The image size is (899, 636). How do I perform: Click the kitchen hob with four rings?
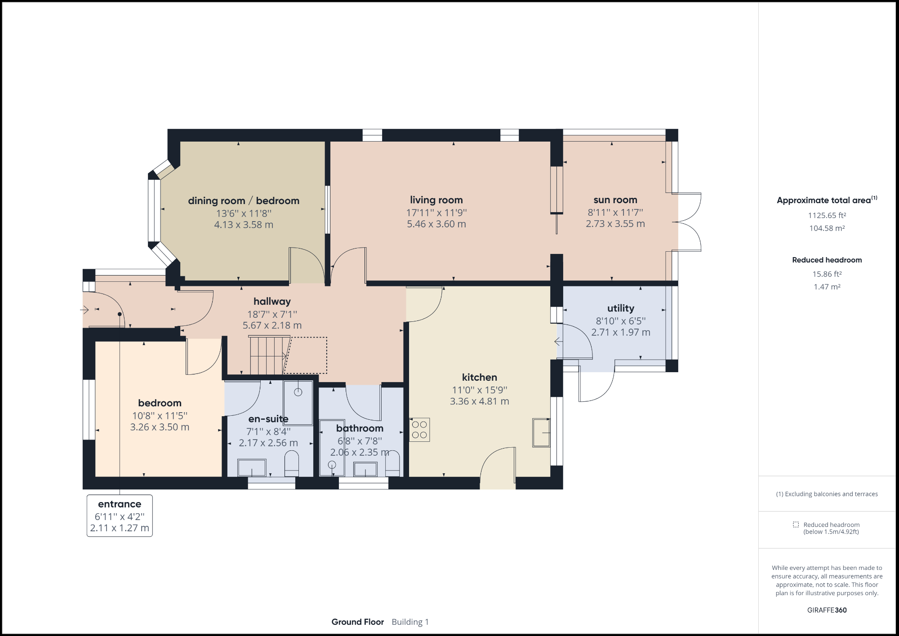[419, 430]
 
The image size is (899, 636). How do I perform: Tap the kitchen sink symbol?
[541, 432]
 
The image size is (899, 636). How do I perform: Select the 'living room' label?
[436, 200]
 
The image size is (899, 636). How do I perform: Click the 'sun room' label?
[615, 200]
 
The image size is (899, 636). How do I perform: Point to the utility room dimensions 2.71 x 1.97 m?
[620, 332]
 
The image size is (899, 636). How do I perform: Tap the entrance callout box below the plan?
[120, 516]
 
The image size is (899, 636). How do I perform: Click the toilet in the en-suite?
[292, 464]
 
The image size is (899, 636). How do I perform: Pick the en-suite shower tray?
[298, 403]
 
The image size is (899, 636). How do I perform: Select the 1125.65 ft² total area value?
[827, 215]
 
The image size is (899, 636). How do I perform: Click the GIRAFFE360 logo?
[827, 610]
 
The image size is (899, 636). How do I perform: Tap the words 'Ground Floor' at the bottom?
[357, 622]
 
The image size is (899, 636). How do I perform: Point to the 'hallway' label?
[272, 302]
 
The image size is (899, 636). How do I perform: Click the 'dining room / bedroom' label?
[244, 201]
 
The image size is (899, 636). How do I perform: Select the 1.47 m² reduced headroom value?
[827, 287]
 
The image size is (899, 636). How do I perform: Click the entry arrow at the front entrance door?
[85, 310]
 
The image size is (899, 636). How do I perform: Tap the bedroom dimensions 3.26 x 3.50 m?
[160, 427]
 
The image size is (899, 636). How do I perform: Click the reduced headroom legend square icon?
[796, 525]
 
